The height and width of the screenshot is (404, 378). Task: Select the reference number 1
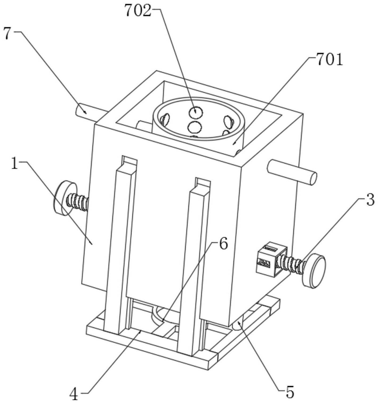pyautogui.click(x=15, y=164)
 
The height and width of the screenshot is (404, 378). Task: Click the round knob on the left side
pyautogui.click(x=62, y=198)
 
